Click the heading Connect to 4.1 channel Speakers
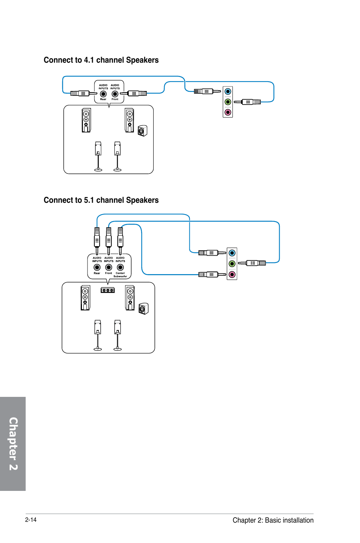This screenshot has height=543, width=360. click(x=101, y=60)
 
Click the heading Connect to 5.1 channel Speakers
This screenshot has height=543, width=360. click(x=101, y=200)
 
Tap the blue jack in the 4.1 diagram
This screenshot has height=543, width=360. click(x=228, y=91)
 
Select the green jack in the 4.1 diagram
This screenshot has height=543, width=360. click(x=228, y=102)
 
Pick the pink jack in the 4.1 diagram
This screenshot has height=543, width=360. click(x=228, y=112)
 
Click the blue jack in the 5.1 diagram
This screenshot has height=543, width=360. click(x=232, y=253)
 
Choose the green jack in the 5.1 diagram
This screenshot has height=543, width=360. click(x=232, y=264)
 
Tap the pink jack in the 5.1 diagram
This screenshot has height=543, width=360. click(x=232, y=275)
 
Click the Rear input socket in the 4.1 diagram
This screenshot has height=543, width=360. click(x=103, y=94)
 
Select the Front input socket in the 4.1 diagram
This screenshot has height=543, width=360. click(x=115, y=94)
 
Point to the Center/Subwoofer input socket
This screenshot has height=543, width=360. click(x=120, y=267)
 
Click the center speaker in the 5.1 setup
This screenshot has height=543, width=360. click(x=108, y=290)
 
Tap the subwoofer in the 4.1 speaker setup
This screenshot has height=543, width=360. click(x=142, y=131)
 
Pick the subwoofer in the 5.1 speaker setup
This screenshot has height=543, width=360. click(x=143, y=309)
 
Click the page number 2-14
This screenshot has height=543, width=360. click(x=31, y=520)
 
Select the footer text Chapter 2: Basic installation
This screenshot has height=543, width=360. click(x=273, y=520)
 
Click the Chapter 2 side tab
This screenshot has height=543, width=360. click(x=13, y=444)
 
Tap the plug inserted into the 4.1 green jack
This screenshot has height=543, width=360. click(x=247, y=102)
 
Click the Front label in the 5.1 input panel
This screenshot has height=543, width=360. click(x=109, y=273)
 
